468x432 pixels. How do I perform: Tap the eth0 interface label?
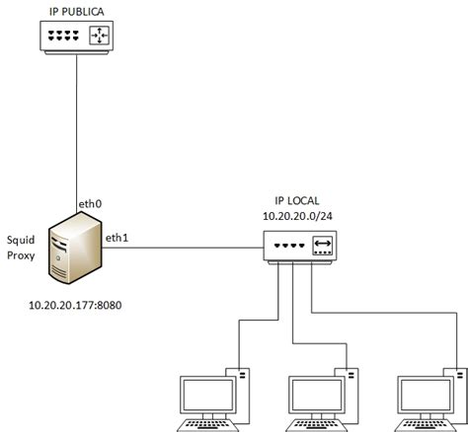click(91, 202)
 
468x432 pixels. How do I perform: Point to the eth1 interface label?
click(118, 237)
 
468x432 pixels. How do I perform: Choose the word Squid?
click(22, 239)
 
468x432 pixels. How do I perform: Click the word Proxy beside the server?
click(22, 255)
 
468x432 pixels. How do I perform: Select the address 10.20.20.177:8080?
click(77, 304)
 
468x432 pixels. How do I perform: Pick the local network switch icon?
click(300, 246)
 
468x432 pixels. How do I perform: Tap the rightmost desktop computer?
click(425, 399)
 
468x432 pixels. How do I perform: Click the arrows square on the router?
click(99, 37)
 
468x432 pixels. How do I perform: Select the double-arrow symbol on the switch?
click(323, 246)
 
